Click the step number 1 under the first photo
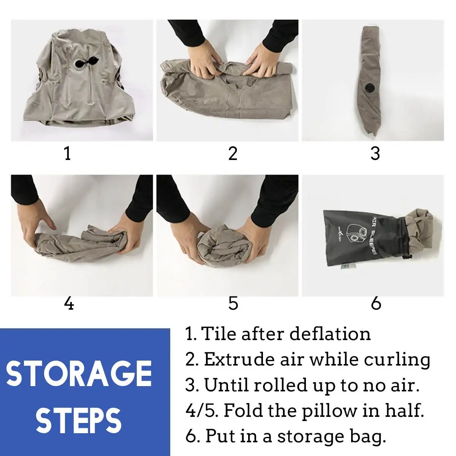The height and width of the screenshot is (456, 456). click(x=68, y=154)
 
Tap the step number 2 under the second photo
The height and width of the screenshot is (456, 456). click(x=233, y=154)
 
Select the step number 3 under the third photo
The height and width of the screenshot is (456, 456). click(x=375, y=154)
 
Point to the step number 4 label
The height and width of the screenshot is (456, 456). click(x=69, y=304)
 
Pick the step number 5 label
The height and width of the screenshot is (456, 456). click(x=233, y=304)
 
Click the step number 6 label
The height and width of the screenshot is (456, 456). click(x=376, y=304)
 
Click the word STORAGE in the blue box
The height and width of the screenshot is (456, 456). click(x=79, y=374)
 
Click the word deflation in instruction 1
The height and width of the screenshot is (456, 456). click(x=330, y=334)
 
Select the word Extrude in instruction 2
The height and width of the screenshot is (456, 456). click(x=240, y=359)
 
